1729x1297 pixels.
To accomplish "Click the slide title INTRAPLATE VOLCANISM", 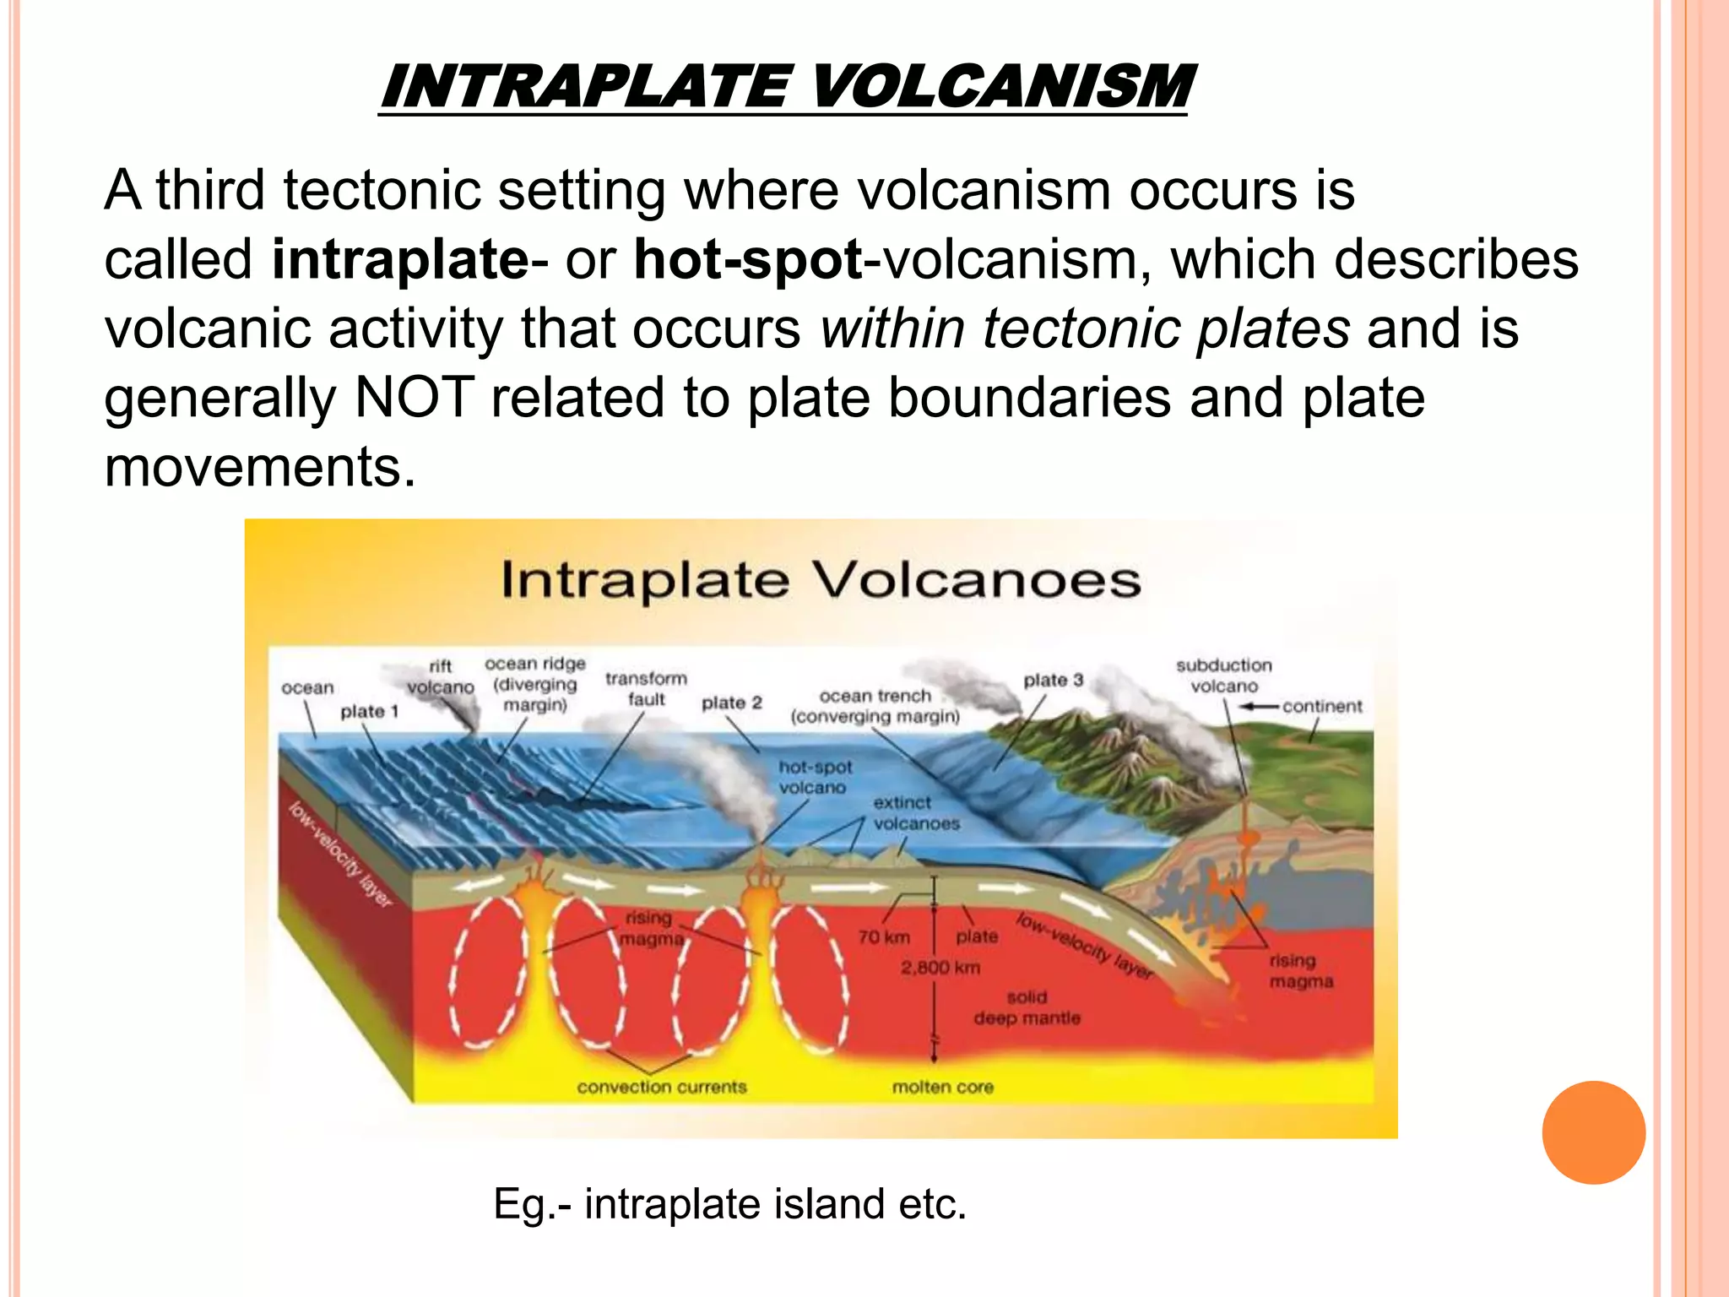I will coord(785,87).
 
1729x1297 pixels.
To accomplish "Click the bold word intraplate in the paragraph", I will coord(400,259).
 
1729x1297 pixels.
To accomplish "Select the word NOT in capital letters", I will coord(414,398).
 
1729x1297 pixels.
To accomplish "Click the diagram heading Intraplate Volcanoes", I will coord(821,581).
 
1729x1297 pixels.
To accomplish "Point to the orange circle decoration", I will coord(1593,1132).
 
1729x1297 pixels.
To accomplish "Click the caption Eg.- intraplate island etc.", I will coord(729,1203).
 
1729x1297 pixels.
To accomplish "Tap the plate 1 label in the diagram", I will coord(369,712).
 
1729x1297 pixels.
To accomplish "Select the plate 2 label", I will coord(731,703).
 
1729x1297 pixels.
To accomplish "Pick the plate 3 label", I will coord(1053,680).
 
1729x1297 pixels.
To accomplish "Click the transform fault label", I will coord(646,688).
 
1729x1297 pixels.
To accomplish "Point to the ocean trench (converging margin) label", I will coord(875,706).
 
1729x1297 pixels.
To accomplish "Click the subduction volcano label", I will coord(1223,676).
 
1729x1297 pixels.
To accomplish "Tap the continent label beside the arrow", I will coord(1322,707).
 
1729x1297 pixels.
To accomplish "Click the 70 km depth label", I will coord(884,937).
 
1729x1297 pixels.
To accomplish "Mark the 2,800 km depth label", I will coord(940,968).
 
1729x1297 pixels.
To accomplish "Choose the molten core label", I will coord(942,1088).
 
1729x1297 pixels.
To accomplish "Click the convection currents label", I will coord(662,1088).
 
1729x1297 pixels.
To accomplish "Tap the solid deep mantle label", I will coord(1027,1008).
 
